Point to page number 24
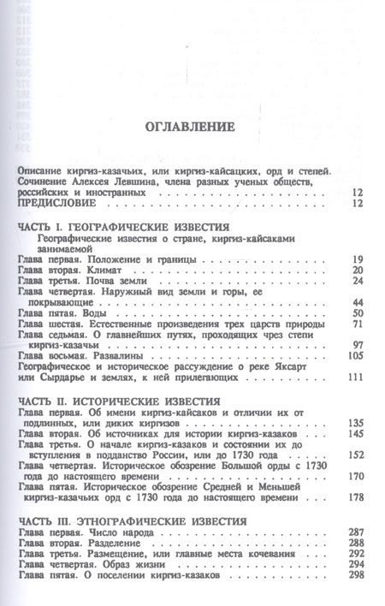pos(358,281)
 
